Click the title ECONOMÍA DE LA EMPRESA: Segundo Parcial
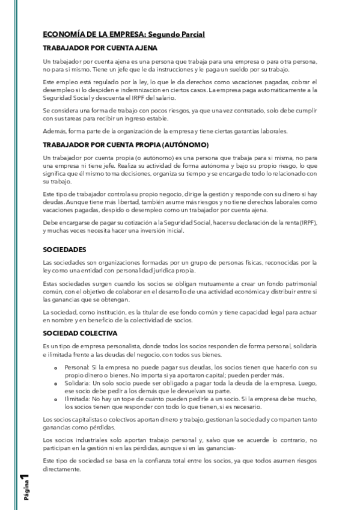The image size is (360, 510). [124, 35]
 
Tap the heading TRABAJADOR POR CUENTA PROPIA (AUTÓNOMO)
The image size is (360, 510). [126, 145]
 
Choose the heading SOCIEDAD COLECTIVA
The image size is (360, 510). [80, 333]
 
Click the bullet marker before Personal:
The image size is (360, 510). [55, 367]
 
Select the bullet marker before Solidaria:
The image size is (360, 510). [55, 383]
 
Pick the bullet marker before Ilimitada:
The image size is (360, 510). [55, 399]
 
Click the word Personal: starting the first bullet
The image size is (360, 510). [76, 366]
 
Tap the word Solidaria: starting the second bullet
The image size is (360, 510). [76, 382]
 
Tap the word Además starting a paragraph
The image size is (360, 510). [54, 131]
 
